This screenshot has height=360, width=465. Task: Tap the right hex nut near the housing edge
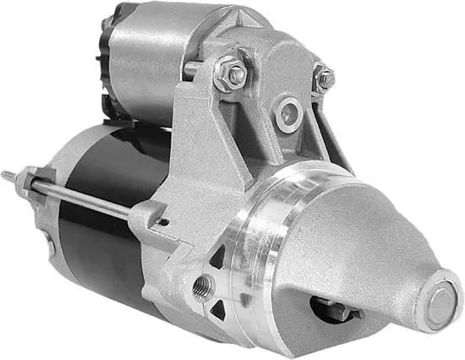[323, 78]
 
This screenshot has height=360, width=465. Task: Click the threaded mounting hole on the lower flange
[203, 285]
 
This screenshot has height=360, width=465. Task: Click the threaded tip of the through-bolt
[8, 175]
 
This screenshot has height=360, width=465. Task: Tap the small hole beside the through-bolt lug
[163, 222]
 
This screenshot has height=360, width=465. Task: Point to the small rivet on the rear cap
[52, 248]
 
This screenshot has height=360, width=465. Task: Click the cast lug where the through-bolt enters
[144, 215]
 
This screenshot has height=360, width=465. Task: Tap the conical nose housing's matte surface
[364, 245]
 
